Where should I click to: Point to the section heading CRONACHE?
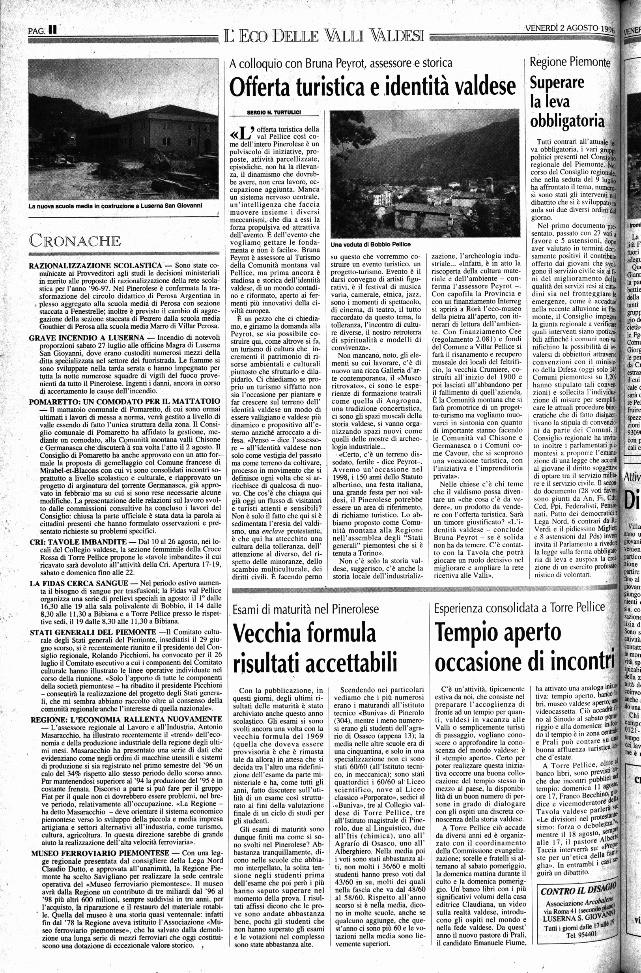pyautogui.click(x=75, y=240)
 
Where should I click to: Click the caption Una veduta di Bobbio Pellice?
pyautogui.click(x=370, y=244)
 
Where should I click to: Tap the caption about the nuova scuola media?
pyautogui.click(x=115, y=206)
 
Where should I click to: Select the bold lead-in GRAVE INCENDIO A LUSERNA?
pyautogui.click(x=87, y=338)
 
